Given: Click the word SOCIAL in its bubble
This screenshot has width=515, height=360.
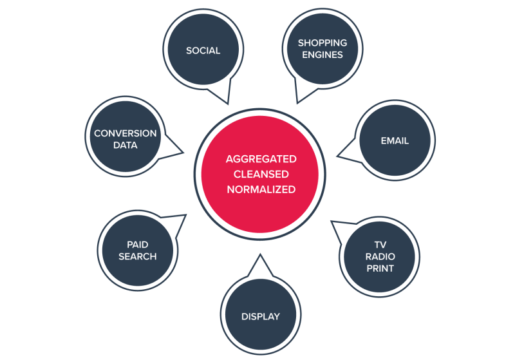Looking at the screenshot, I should tap(203, 50).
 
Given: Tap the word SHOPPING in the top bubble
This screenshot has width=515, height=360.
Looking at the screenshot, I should tap(322, 43).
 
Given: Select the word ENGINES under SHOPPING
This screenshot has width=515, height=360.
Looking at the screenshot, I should tap(322, 55).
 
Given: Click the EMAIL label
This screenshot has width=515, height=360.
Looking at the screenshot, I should tap(395, 140).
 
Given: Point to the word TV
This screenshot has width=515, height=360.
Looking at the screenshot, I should tap(380, 245).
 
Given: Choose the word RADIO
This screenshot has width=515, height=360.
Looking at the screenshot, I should tap(380, 256).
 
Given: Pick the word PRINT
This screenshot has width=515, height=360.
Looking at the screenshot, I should tap(380, 268).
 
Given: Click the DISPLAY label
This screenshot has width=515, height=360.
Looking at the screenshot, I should tap(260, 316).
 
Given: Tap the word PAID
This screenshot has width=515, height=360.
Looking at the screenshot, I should tap(137, 245).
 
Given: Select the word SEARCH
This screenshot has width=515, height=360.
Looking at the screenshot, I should tap(137, 256).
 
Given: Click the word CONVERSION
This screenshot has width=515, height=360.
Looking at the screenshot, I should tap(125, 133).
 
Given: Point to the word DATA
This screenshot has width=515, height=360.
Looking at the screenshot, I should tap(125, 145).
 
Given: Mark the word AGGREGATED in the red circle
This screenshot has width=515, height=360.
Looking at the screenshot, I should tap(260, 159).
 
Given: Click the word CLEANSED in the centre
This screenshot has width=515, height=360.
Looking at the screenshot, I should tap(260, 174).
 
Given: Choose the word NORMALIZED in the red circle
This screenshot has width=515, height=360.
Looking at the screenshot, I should tap(260, 189).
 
